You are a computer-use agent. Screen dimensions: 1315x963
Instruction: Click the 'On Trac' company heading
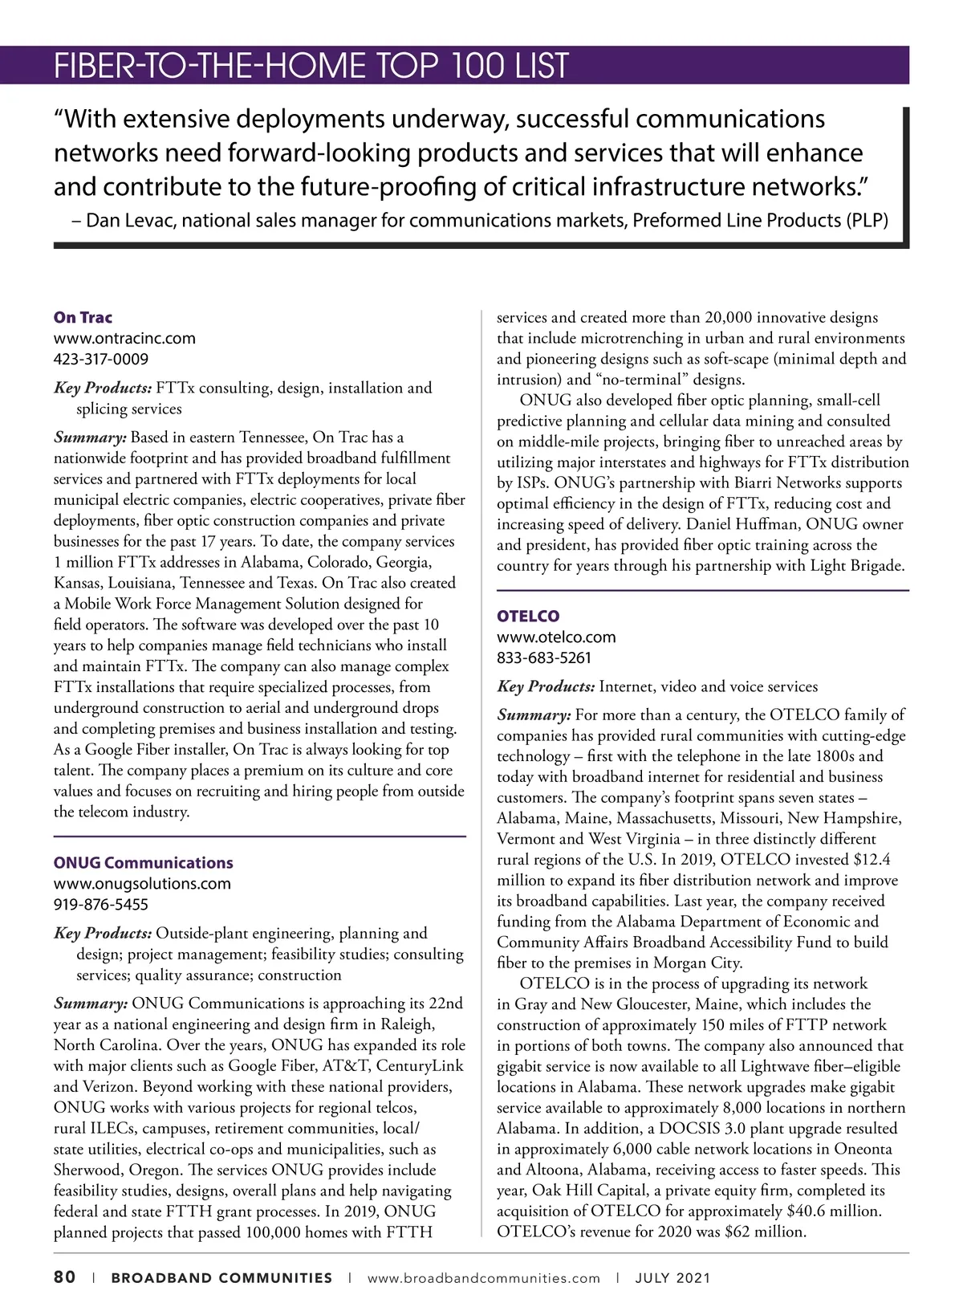pyautogui.click(x=83, y=318)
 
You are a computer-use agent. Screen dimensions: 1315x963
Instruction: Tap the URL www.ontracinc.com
pyautogui.click(x=124, y=339)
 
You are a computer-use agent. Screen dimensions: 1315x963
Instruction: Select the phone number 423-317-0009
pyautogui.click(x=101, y=360)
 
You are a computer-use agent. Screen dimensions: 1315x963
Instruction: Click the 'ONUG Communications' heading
pyautogui.click(x=143, y=863)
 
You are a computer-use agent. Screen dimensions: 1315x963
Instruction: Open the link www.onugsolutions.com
pyautogui.click(x=142, y=884)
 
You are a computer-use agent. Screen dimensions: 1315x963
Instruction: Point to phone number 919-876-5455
pyautogui.click(x=101, y=905)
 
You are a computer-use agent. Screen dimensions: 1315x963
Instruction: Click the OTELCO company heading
pyautogui.click(x=528, y=617)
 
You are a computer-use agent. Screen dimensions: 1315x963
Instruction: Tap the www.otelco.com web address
pyautogui.click(x=556, y=637)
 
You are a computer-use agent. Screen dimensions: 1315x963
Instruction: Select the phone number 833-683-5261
pyautogui.click(x=544, y=658)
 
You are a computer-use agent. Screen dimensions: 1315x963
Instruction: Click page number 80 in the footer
pyautogui.click(x=65, y=1277)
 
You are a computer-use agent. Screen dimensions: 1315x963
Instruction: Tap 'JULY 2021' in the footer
pyautogui.click(x=672, y=1278)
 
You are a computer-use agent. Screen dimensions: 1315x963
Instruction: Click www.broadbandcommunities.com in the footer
pyautogui.click(x=483, y=1278)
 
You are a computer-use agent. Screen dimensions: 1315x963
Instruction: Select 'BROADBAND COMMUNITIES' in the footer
pyautogui.click(x=221, y=1278)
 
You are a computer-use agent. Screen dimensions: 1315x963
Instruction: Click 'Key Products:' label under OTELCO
pyautogui.click(x=546, y=687)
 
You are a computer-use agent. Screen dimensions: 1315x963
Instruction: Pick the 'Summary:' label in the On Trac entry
pyautogui.click(x=90, y=438)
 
